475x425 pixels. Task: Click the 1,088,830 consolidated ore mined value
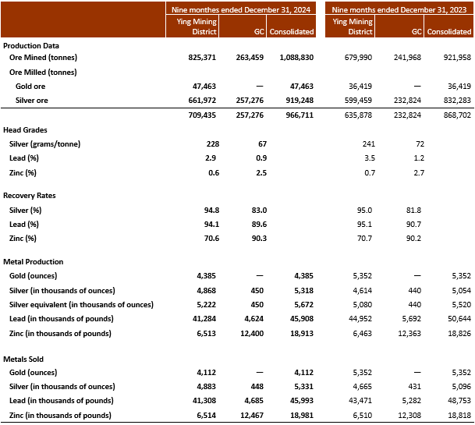point(293,58)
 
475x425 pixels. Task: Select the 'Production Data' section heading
point(31,45)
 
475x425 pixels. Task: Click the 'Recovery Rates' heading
point(30,196)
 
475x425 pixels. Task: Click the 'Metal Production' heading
point(34,261)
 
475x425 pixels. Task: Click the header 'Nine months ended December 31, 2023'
point(400,9)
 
